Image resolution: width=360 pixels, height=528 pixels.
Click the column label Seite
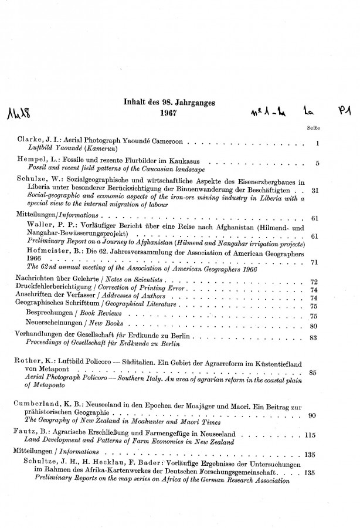point(312,128)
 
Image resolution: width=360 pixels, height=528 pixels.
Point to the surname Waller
point(42,225)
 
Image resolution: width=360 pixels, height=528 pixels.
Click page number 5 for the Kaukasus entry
point(316,163)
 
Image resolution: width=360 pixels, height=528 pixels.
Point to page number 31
point(314,190)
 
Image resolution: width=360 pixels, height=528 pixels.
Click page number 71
point(314,263)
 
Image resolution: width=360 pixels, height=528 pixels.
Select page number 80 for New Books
point(313,326)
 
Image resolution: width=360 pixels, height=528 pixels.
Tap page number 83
point(313,338)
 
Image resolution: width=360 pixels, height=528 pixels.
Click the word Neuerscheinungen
point(57,324)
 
